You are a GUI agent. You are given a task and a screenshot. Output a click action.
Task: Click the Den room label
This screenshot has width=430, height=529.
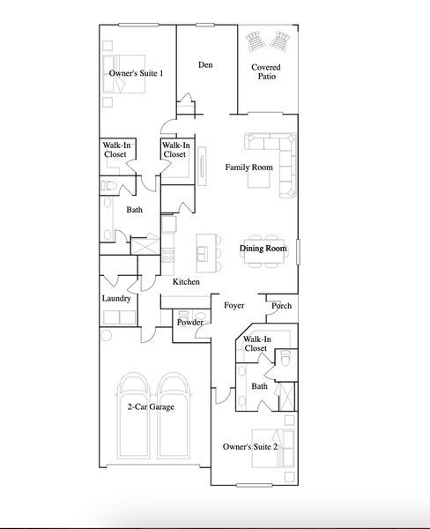click(x=205, y=64)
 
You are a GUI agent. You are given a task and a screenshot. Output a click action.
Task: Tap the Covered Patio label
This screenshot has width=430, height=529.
click(x=266, y=72)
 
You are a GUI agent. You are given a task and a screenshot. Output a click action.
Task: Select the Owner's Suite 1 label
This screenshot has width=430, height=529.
click(x=137, y=73)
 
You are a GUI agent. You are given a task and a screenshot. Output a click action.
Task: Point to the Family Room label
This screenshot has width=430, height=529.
click(x=248, y=168)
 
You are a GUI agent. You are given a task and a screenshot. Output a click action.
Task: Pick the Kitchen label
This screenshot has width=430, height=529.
click(x=186, y=282)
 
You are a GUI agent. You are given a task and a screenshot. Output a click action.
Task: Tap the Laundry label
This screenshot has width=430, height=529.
click(x=116, y=299)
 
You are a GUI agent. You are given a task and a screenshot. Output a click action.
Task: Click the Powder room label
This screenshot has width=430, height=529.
click(x=190, y=323)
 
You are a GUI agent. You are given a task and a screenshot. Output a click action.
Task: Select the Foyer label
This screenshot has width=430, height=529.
click(x=234, y=306)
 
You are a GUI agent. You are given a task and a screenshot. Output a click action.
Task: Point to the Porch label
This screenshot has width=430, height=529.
click(x=282, y=306)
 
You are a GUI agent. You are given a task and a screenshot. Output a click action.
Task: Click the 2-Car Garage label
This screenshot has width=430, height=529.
click(x=151, y=406)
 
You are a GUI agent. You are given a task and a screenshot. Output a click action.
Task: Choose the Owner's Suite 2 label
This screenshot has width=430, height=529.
click(x=250, y=447)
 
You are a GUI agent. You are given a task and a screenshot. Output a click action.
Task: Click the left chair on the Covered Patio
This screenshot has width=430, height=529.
click(x=255, y=41)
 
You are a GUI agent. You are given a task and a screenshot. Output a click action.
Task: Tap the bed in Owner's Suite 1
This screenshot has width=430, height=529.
click(x=123, y=74)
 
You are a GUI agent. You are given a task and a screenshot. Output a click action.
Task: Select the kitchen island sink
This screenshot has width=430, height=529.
click(x=203, y=254)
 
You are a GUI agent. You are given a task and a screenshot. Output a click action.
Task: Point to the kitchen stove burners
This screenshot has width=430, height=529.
click(x=167, y=255)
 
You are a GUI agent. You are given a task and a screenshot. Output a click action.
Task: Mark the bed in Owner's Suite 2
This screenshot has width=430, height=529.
click(x=273, y=449)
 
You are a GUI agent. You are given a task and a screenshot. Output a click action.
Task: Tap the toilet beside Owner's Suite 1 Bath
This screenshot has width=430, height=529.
click(x=108, y=186)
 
